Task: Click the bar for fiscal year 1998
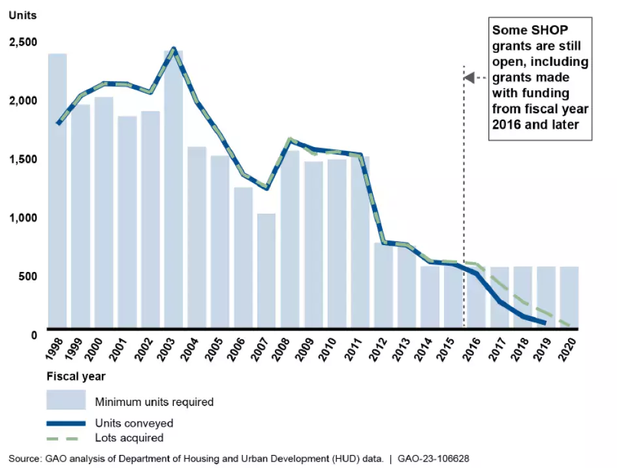tap(57, 196)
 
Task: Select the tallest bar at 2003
tap(174, 196)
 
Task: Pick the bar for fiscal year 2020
tap(569, 297)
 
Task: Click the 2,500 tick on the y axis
tap(22, 42)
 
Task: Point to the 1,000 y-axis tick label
tap(22, 218)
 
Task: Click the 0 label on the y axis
tap(33, 335)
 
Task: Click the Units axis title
tap(22, 15)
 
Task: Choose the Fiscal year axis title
tap(76, 376)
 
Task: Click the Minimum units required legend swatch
tap(65, 400)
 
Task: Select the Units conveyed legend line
tap(65, 424)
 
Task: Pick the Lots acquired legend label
tap(129, 438)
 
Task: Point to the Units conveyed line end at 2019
tap(545, 322)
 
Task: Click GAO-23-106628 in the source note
tap(432, 458)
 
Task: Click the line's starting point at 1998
tap(59, 123)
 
